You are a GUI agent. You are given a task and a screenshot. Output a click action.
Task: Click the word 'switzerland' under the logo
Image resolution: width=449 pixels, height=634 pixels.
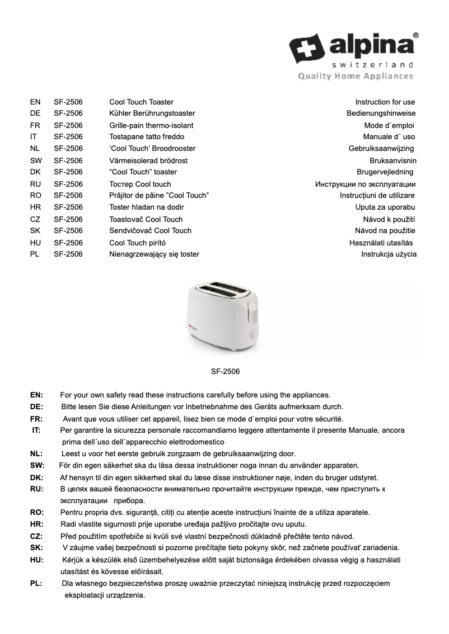coord(371,64)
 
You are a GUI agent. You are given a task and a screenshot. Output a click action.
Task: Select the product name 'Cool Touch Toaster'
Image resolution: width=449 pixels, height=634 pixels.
coord(141,102)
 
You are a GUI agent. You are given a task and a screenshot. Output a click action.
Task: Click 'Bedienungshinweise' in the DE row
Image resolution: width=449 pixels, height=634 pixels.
coord(381,113)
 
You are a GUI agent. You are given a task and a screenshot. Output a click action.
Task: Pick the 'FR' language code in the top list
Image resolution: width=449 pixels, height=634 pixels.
coord(34,125)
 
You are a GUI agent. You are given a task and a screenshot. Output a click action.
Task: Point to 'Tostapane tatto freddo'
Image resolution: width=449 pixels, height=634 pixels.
coord(146,136)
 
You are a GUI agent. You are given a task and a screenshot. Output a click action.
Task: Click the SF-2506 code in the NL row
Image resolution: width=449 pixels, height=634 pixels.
coord(68,148)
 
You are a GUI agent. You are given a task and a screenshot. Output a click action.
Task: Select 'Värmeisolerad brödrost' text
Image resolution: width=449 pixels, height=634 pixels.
coord(148,160)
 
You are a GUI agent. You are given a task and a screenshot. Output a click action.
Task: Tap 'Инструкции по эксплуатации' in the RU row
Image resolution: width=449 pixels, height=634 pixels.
coord(365,184)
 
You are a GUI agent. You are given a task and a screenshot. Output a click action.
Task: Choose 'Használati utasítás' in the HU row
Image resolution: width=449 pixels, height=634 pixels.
coord(381,243)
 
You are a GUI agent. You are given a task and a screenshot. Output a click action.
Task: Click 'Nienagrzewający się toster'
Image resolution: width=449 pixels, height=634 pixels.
coord(154,254)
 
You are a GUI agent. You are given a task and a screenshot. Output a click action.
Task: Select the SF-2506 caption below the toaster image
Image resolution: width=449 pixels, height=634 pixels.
coord(225,371)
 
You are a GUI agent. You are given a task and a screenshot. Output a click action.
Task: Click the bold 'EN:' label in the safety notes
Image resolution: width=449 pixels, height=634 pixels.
coord(36,395)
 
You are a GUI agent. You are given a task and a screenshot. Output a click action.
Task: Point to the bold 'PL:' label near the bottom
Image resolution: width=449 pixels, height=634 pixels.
coord(36,584)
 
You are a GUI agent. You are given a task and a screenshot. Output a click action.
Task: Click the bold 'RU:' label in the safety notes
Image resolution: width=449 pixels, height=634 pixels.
coord(36,489)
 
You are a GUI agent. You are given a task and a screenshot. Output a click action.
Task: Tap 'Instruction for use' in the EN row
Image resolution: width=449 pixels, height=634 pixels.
coord(385,102)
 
